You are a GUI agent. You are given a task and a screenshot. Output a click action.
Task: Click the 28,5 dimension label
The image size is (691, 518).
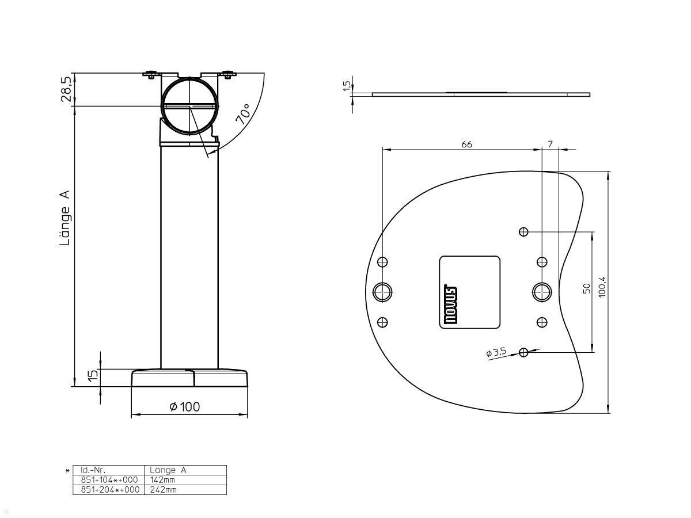pos(67,89)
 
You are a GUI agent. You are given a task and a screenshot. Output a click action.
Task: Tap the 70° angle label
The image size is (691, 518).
pos(243,115)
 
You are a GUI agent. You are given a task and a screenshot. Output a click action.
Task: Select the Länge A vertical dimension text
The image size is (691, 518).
pos(65,218)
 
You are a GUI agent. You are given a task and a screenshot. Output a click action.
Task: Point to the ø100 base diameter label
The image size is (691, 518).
pos(185,407)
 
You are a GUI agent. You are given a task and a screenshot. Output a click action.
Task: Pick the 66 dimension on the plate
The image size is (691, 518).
pos(466,144)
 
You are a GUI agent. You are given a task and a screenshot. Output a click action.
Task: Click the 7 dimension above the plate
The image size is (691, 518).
pos(550,144)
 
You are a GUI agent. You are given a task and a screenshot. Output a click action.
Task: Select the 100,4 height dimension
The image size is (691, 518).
pos(602,285)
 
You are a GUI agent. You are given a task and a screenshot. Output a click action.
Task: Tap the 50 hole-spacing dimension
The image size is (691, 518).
pos(586,289)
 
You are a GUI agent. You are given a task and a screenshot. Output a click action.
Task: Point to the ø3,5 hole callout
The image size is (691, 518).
pos(496,352)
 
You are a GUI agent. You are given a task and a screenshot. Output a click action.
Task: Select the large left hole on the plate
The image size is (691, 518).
pos(382,292)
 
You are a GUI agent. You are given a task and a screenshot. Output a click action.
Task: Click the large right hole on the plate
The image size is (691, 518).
pos(541,292)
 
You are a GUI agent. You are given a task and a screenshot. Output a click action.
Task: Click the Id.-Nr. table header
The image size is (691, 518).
pos(93,470)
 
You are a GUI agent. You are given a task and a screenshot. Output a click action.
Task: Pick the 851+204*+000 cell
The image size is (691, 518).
pos(109,490)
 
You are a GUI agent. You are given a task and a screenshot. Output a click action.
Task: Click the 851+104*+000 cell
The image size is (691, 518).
pos(109,480)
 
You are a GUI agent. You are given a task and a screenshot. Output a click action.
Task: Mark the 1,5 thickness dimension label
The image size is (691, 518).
pos(346,85)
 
